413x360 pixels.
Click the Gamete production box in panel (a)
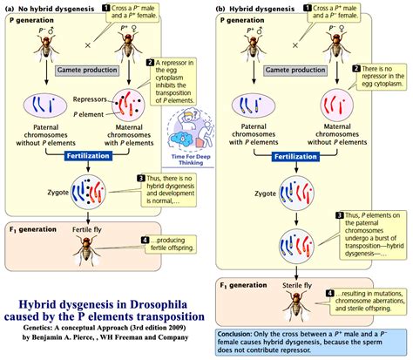click(86, 69)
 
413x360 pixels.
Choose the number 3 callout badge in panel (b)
click(340, 214)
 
